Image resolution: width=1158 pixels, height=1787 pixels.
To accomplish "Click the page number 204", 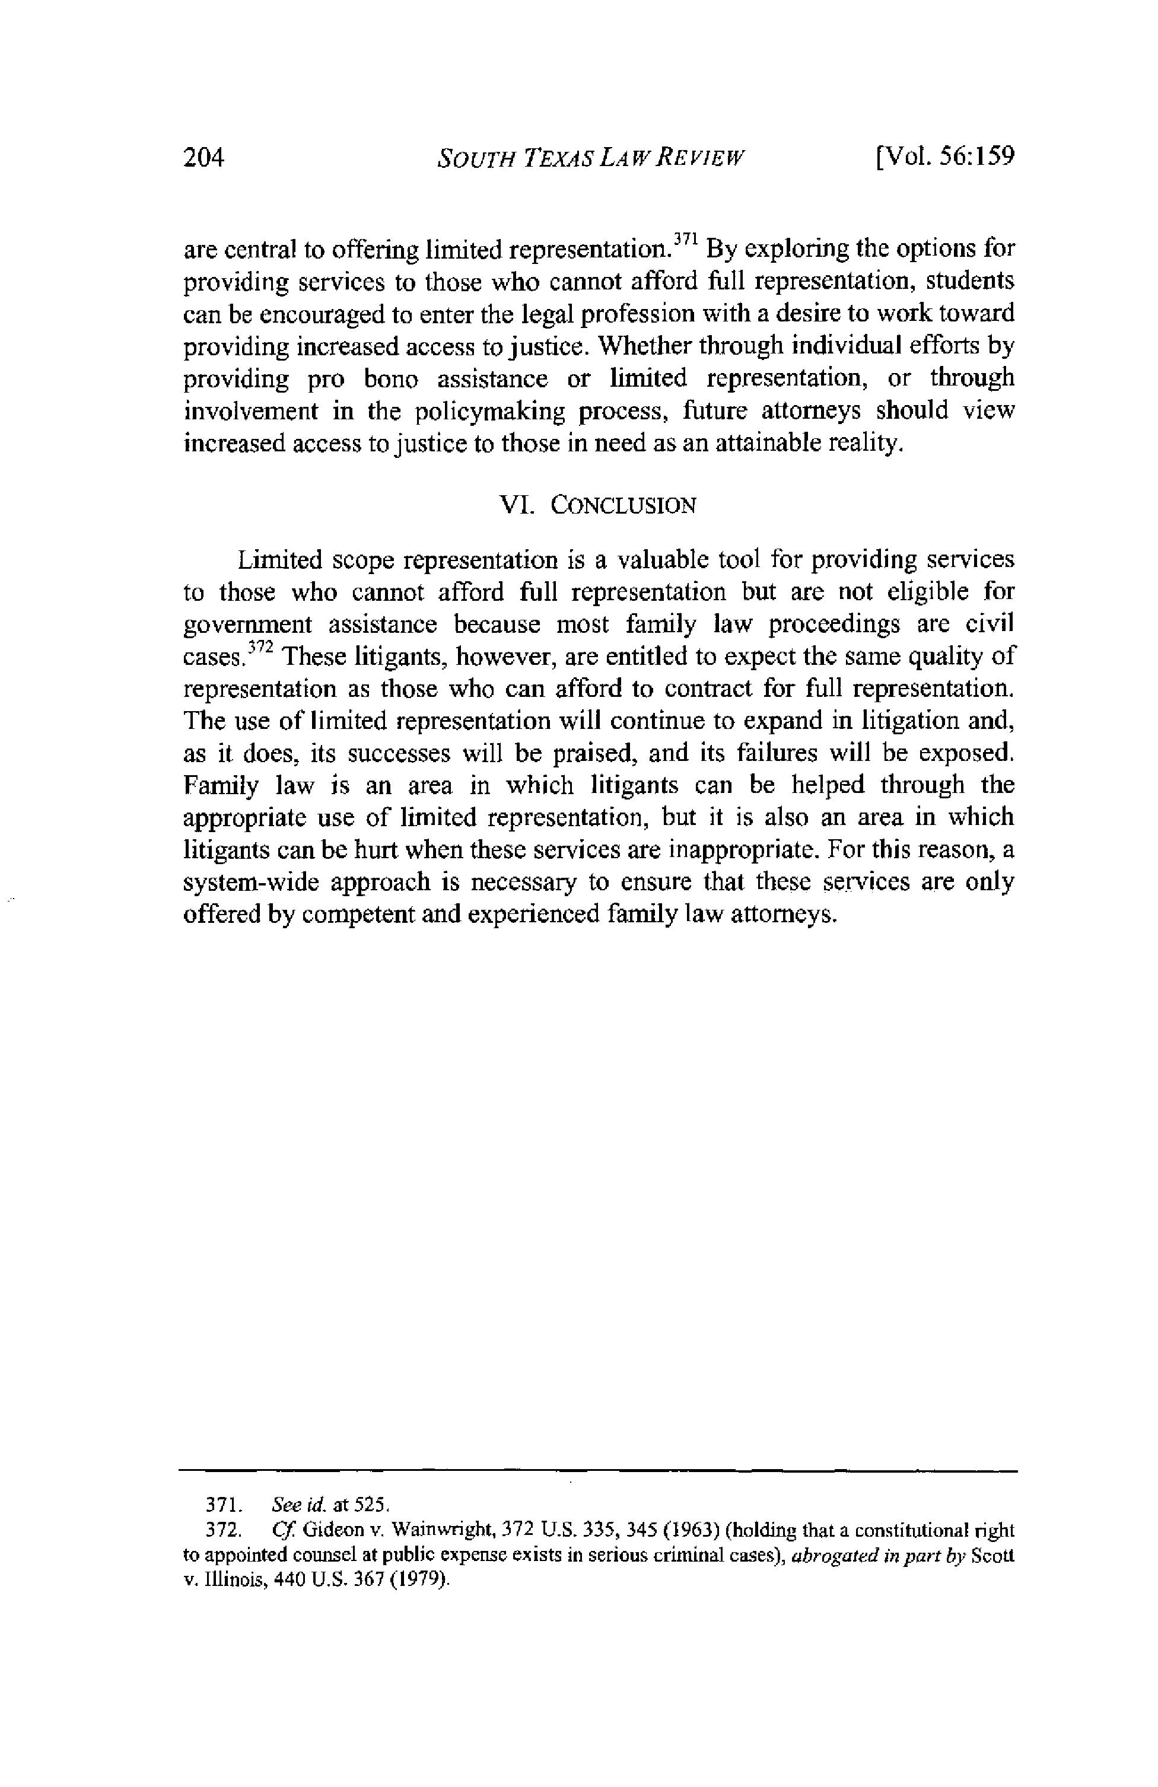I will coord(204,158).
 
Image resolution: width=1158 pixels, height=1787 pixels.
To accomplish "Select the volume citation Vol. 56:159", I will coord(944,157).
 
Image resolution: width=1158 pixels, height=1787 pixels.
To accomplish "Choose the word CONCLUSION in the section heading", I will coord(622,505).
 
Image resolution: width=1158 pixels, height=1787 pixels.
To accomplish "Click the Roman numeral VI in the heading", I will coord(514,505).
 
